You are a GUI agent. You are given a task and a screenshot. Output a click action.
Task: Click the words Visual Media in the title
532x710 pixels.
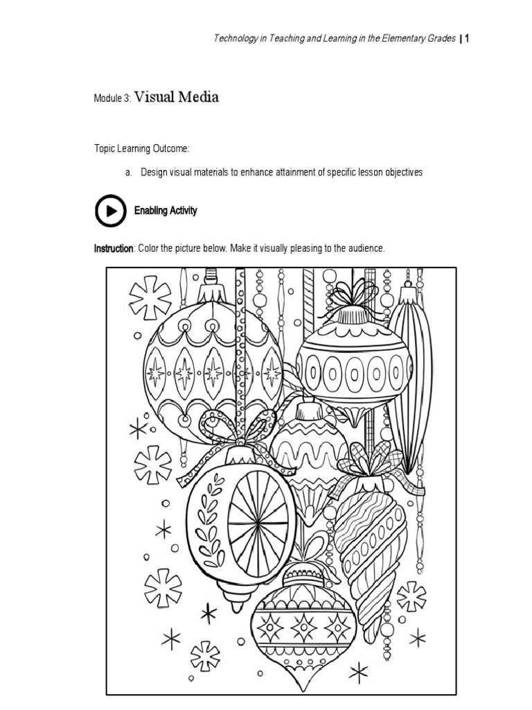click(177, 97)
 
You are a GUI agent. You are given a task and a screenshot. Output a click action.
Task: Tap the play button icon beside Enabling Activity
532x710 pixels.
click(111, 211)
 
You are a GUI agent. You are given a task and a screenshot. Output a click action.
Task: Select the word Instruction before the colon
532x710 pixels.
click(114, 248)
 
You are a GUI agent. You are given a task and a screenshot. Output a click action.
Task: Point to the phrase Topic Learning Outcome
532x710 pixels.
click(141, 149)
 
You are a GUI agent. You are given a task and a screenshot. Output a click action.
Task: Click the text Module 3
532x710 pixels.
click(112, 99)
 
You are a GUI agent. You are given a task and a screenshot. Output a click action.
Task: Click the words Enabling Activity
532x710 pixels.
click(166, 211)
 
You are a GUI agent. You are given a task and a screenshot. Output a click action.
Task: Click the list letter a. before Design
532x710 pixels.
click(129, 173)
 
